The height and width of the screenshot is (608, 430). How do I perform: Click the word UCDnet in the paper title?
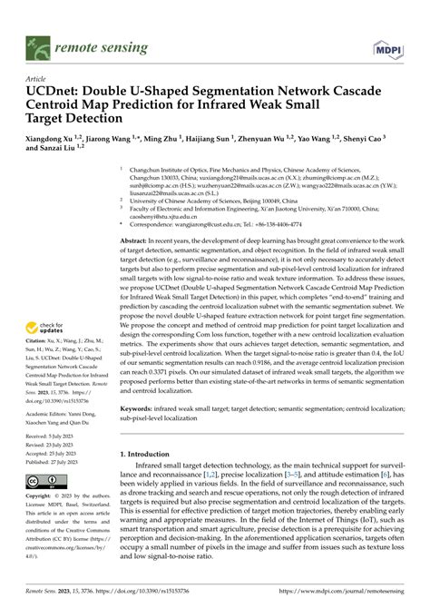click(54, 93)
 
